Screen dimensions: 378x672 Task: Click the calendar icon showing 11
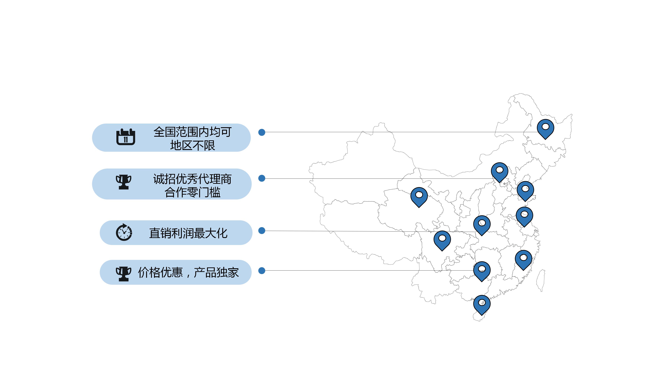point(125,137)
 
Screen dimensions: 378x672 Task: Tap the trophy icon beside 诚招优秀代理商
point(123,182)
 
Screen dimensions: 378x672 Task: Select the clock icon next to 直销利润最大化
point(124,232)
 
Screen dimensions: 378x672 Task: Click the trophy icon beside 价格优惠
point(123,274)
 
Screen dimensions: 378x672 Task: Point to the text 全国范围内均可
point(192,132)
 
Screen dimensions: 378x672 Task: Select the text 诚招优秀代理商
point(192,179)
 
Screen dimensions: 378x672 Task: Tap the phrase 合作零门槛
point(192,192)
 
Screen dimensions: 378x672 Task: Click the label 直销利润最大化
point(188,233)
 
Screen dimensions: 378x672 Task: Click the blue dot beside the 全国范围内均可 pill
point(262,132)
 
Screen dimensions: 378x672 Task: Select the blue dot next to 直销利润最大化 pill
point(262,231)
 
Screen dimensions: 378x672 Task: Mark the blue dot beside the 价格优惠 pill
point(262,271)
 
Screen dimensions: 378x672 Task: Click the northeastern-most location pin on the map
point(545,128)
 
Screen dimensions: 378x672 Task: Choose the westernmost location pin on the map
point(419,196)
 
